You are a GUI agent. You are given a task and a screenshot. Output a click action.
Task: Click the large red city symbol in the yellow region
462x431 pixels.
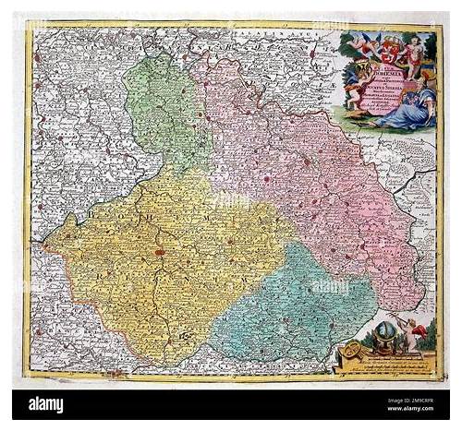point(160,250)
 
